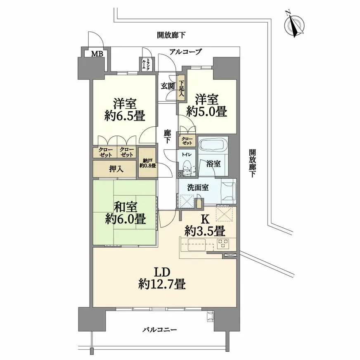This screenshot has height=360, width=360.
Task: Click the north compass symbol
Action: [295, 25]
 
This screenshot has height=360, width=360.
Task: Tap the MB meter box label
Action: [97, 54]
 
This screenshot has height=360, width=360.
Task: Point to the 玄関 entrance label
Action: [168, 86]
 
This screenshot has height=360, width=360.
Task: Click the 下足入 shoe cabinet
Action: [182, 88]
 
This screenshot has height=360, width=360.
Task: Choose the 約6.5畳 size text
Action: [125, 116]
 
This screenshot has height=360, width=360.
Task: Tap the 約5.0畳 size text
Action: [207, 111]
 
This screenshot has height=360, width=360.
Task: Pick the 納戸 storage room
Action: [148, 163]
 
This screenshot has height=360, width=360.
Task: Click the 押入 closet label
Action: [116, 169]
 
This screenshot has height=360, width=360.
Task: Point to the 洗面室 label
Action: [198, 187]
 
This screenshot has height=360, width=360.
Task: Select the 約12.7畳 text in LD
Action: [162, 285]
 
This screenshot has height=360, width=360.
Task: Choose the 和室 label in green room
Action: [126, 207]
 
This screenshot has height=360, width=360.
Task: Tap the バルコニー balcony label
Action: [160, 330]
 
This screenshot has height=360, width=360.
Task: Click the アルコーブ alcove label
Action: [185, 52]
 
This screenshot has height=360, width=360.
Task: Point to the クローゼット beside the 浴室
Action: [187, 141]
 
